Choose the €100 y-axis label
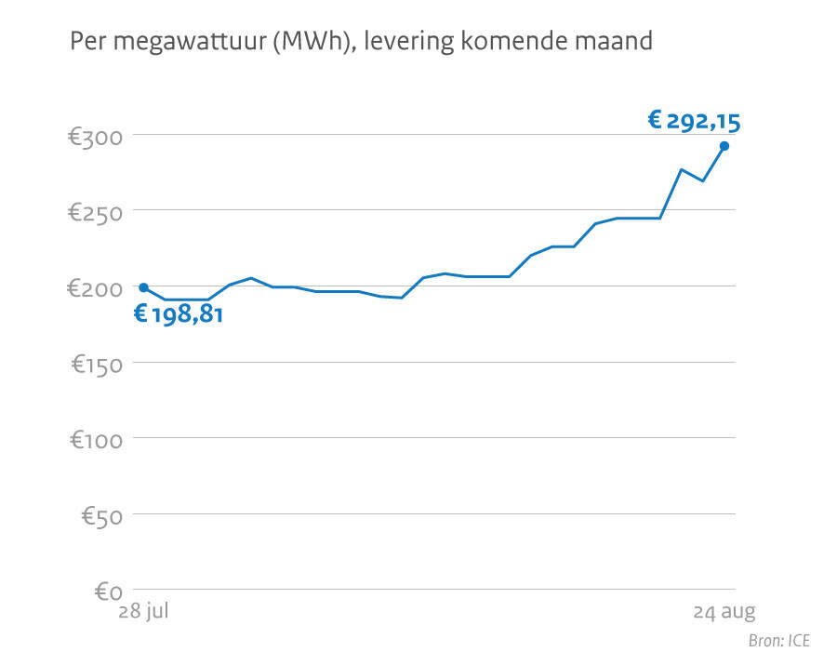click(97, 441)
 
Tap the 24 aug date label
click(724, 612)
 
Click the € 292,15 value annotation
click(694, 120)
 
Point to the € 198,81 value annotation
click(179, 314)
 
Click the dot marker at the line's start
click(143, 287)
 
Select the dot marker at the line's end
click(724, 145)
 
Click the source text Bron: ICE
click(779, 641)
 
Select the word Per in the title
click(87, 42)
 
